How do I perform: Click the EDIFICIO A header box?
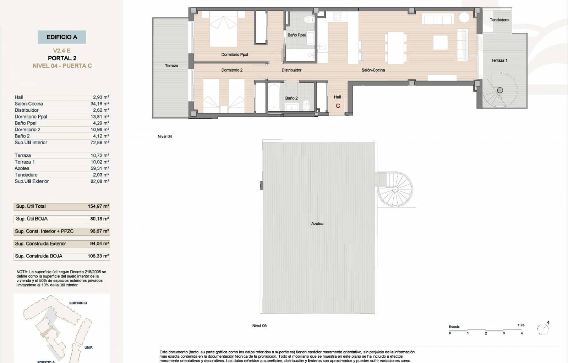62,37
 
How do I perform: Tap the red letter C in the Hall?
338,106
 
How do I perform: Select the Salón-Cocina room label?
373,70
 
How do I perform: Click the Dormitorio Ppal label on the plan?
235,55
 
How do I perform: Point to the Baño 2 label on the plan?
291,98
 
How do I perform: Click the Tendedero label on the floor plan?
499,20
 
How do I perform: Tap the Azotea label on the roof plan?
317,224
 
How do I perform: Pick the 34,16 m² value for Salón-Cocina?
100,104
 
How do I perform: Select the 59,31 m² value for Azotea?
100,168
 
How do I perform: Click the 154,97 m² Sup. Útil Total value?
98,206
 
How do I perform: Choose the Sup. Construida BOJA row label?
39,256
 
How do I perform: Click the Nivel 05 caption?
260,326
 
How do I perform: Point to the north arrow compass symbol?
543,329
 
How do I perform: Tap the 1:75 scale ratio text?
521,325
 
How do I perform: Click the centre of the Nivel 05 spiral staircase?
395,189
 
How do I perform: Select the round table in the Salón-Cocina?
464,17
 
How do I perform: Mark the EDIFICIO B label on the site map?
78,303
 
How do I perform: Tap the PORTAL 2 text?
62,58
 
